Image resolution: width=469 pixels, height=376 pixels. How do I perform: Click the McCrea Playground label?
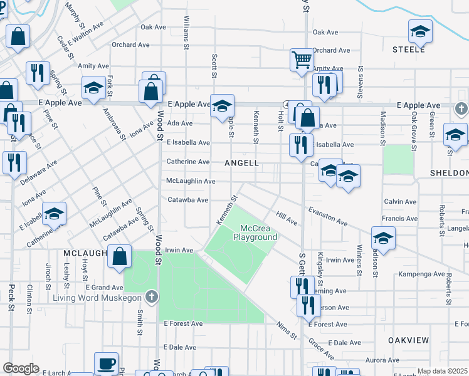255,233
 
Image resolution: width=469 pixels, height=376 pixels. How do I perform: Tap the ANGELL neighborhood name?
241,163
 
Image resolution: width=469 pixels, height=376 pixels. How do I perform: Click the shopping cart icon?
302,60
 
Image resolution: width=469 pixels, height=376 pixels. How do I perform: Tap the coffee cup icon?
106,363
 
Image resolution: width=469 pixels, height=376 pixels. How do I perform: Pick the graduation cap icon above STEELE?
420,31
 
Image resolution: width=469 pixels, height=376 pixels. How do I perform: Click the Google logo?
21,368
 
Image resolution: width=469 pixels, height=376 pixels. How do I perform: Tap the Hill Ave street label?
287,218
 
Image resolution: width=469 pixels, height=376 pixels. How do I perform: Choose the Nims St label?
287,331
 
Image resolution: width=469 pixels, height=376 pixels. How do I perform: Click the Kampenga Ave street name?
421,274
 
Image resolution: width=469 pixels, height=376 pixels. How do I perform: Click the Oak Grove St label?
414,126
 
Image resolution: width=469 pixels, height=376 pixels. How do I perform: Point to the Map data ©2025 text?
443,371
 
